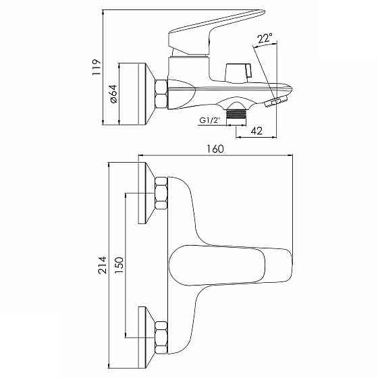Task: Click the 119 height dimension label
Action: pyautogui.click(x=97, y=67)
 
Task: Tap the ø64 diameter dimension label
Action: pyautogui.click(x=113, y=94)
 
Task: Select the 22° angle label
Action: pyautogui.click(x=265, y=38)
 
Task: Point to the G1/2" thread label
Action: pyautogui.click(x=210, y=120)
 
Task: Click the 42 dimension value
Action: pyautogui.click(x=256, y=131)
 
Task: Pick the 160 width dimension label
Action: pyautogui.click(x=215, y=148)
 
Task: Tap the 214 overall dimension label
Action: pyautogui.click(x=102, y=265)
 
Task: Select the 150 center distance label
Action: pyautogui.click(x=119, y=265)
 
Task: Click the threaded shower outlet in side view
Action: pyautogui.click(x=236, y=114)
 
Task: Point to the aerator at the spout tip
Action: pyautogui.click(x=276, y=101)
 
